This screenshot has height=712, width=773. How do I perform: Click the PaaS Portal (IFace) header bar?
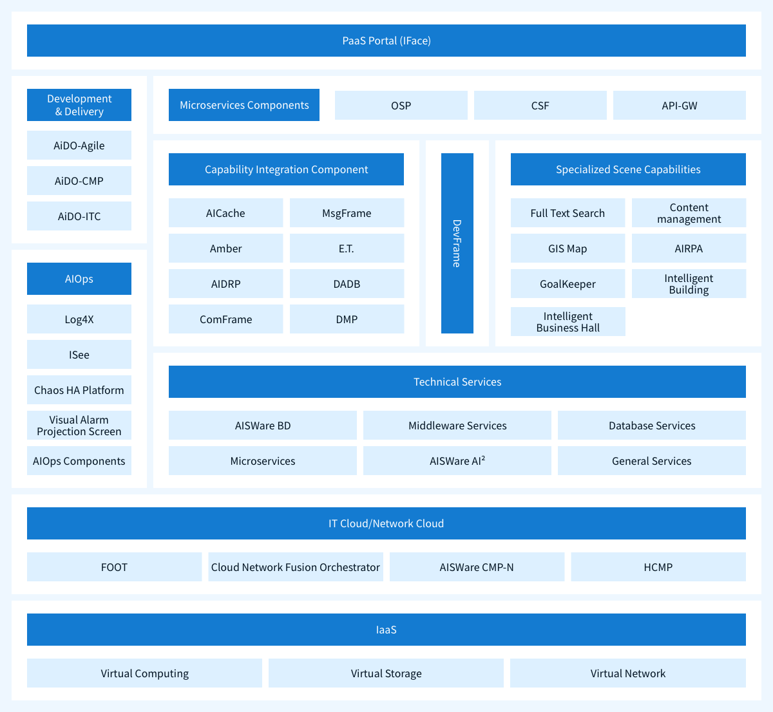point(386,41)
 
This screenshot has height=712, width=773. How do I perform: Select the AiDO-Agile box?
point(79,145)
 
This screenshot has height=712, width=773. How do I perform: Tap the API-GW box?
point(680,105)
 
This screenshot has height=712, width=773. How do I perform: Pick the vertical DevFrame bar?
point(457,243)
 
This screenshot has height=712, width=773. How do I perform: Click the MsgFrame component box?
point(347,212)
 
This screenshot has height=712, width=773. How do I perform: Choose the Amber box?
point(226,248)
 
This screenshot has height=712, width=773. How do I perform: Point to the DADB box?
point(347,283)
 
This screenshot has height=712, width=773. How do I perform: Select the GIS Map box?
point(568,248)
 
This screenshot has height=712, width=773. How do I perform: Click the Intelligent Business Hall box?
point(568,322)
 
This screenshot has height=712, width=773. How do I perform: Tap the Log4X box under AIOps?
point(79,319)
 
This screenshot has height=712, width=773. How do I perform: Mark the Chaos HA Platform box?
point(79,390)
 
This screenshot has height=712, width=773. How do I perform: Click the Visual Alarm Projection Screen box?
point(79,426)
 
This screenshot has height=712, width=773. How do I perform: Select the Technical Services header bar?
point(457,382)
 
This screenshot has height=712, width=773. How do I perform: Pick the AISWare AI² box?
point(457,461)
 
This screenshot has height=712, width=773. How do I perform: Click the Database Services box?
point(652,426)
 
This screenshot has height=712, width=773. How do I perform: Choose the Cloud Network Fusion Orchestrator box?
point(296,567)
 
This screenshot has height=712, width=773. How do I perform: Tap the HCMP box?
point(658,567)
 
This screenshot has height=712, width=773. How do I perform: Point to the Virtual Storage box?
point(386,673)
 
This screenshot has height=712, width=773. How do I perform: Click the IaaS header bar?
point(386,630)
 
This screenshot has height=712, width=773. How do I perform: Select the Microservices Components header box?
point(244,105)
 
